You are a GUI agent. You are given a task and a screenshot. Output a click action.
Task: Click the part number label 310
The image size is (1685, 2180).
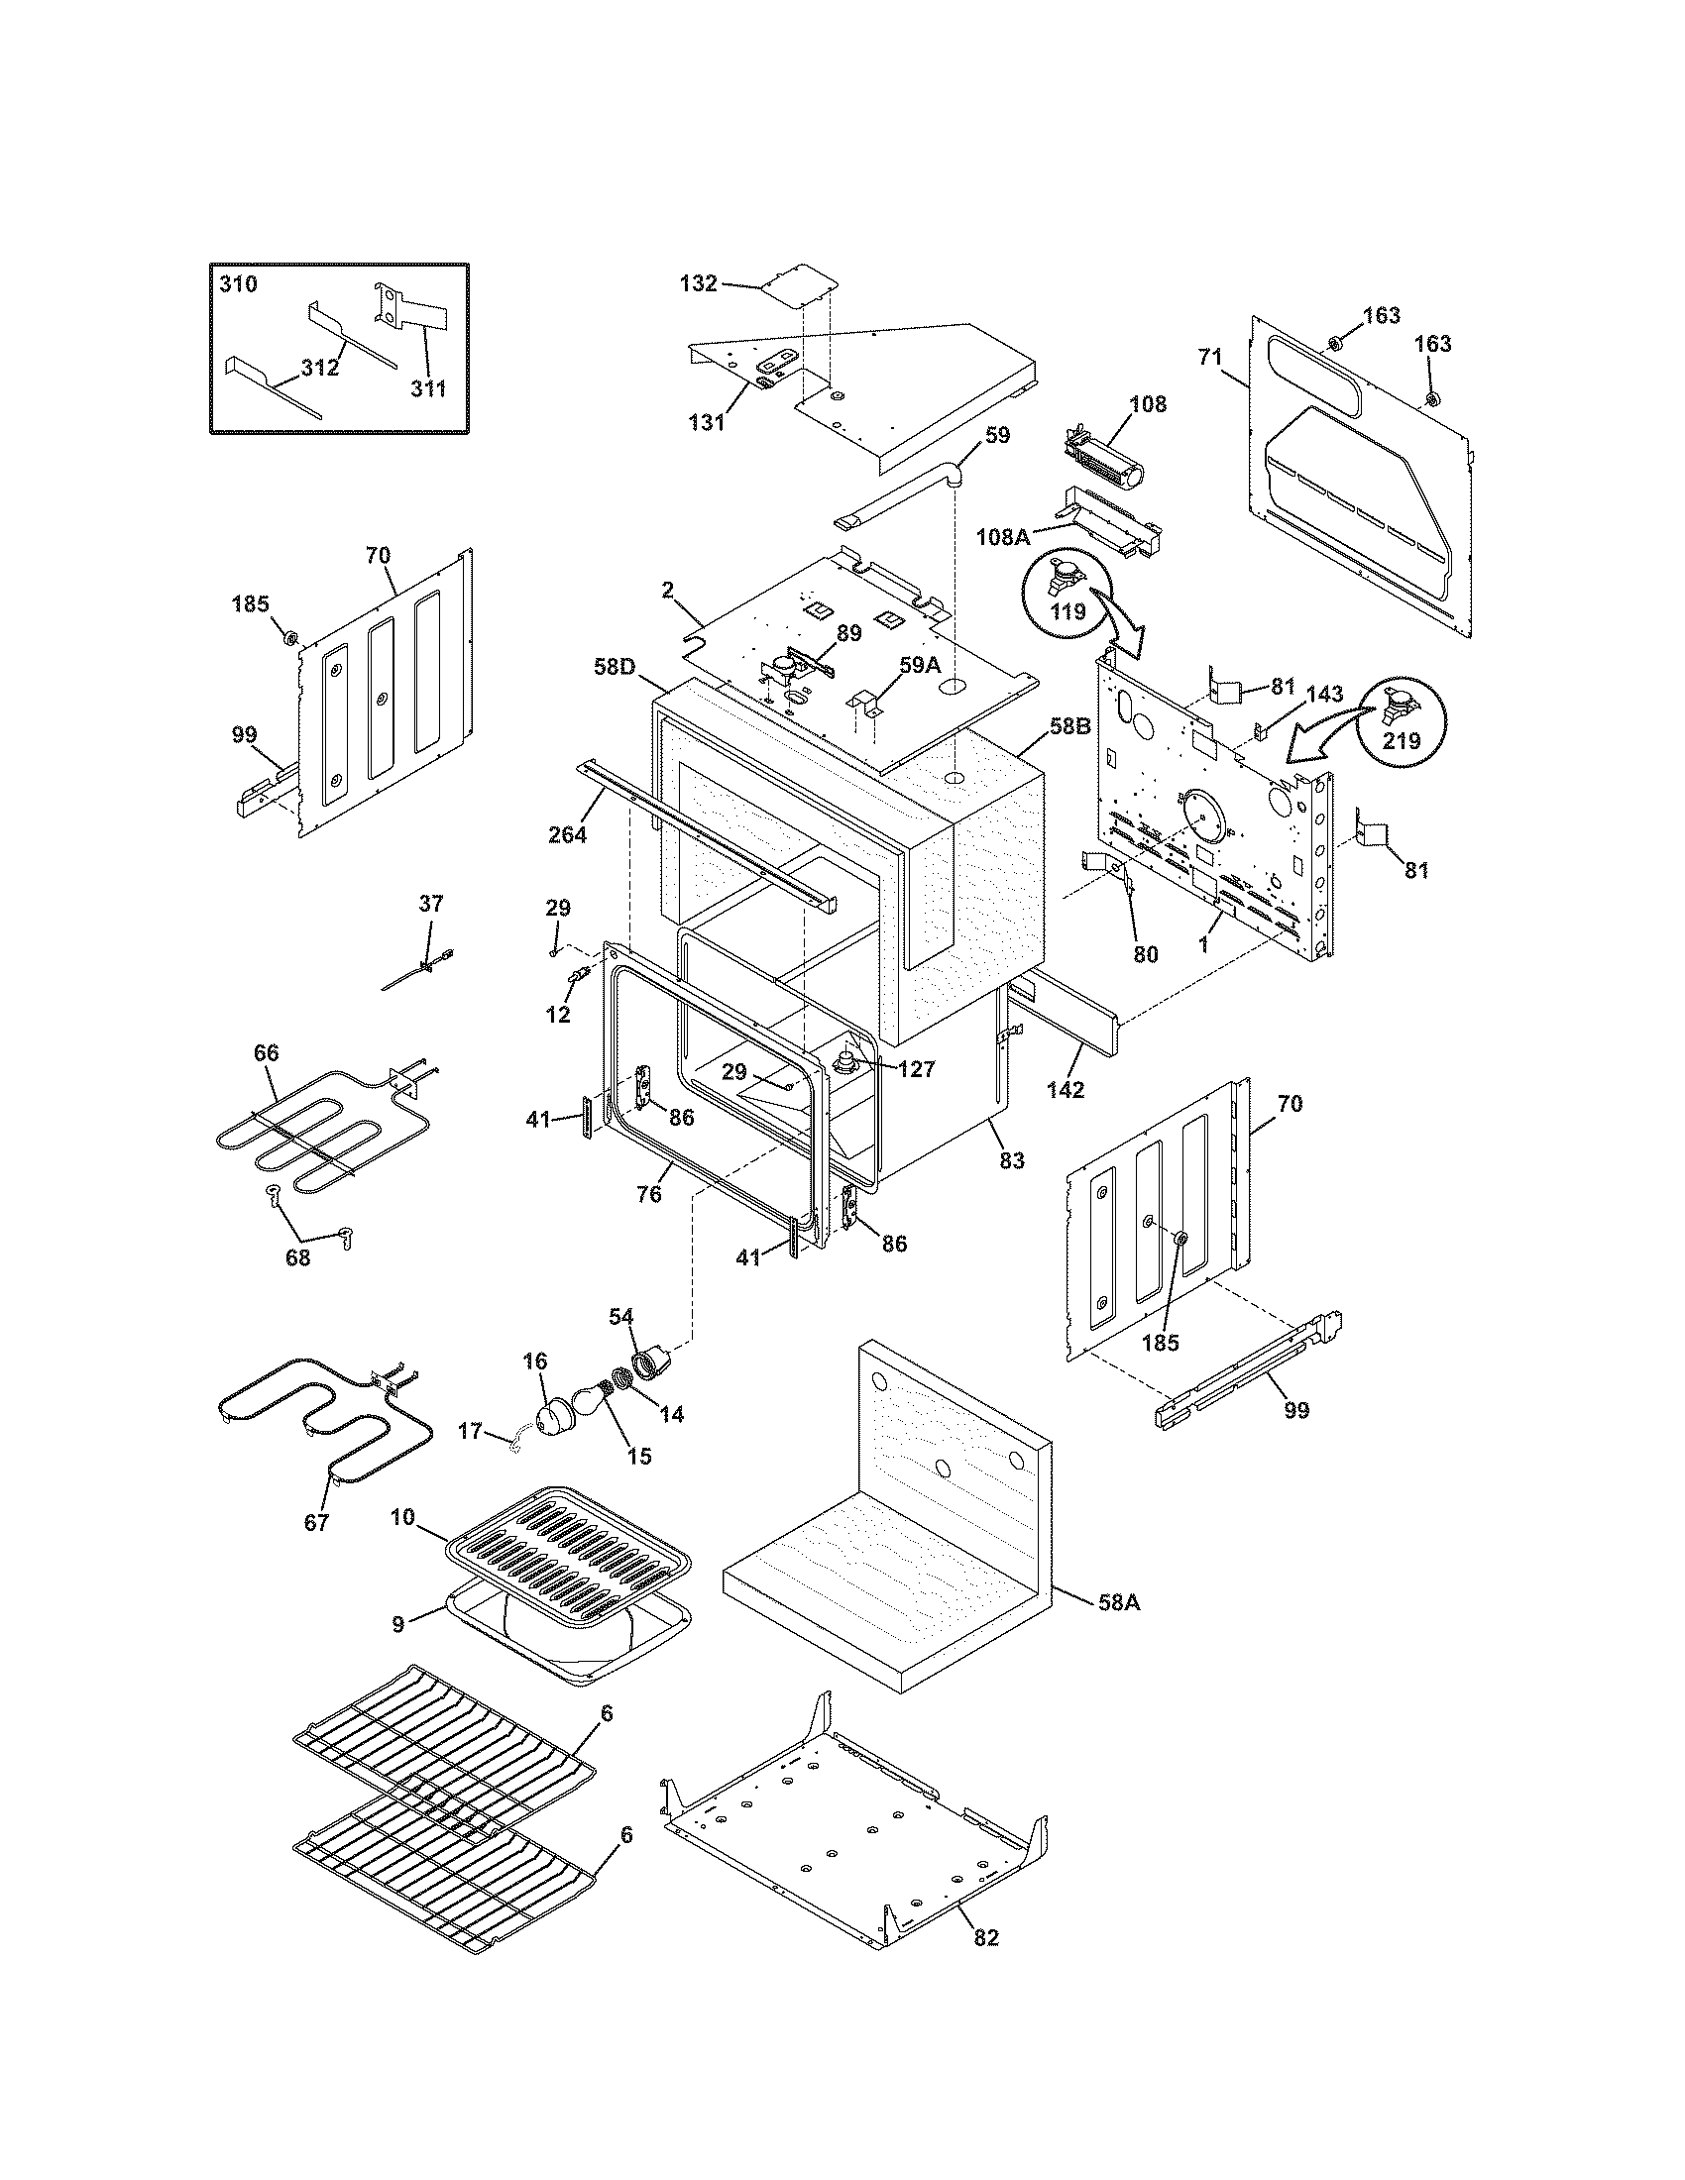(238, 284)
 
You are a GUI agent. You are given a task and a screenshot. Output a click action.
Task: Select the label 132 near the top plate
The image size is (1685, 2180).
(698, 283)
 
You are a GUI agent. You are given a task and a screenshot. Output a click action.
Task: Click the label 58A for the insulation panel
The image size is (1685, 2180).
(1118, 1603)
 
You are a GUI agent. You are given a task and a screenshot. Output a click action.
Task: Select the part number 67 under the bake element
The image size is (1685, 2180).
(316, 1523)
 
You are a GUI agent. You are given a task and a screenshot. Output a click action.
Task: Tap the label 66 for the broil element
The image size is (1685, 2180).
(267, 1053)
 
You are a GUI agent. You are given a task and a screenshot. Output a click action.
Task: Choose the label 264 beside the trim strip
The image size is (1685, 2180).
(567, 834)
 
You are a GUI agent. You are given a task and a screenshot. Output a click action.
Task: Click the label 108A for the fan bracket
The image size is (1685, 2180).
(1003, 537)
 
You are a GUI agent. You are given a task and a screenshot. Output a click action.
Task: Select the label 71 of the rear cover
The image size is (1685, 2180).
(1210, 359)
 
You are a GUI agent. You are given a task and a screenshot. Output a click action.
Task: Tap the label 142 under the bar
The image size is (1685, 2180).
(1066, 1091)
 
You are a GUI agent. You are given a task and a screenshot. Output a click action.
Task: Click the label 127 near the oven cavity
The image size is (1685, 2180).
(916, 1070)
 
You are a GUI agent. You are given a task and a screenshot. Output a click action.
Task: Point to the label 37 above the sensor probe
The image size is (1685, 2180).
(430, 904)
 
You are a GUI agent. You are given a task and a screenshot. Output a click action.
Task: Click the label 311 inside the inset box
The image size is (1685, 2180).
(429, 388)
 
